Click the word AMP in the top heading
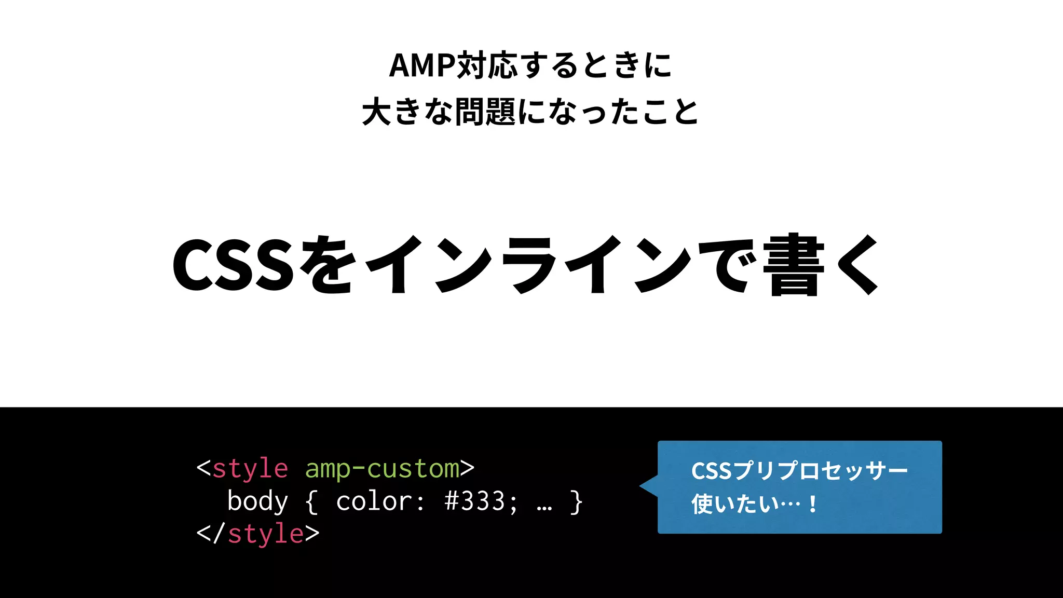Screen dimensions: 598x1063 (421, 66)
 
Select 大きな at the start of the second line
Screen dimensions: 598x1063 (407, 112)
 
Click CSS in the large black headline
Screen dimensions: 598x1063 (233, 265)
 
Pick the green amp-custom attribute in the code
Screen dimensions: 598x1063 (382, 469)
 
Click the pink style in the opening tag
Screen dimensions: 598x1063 (250, 469)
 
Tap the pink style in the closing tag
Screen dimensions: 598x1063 (265, 534)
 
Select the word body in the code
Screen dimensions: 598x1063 (257, 501)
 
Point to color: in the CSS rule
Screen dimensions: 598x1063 (380, 501)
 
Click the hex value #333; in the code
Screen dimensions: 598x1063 (481, 501)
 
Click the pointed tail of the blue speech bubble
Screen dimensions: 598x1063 (647, 486)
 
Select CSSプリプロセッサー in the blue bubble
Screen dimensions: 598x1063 (799, 471)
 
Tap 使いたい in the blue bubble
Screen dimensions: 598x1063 (735, 504)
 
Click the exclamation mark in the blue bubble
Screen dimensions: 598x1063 (812, 504)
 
